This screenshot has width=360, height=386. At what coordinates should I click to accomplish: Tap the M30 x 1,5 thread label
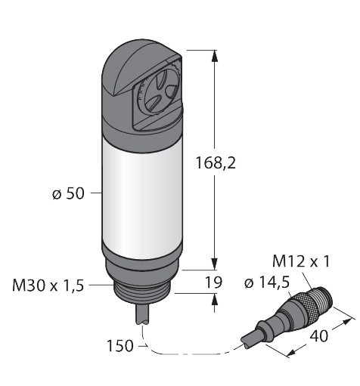pyautogui.click(x=47, y=285)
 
